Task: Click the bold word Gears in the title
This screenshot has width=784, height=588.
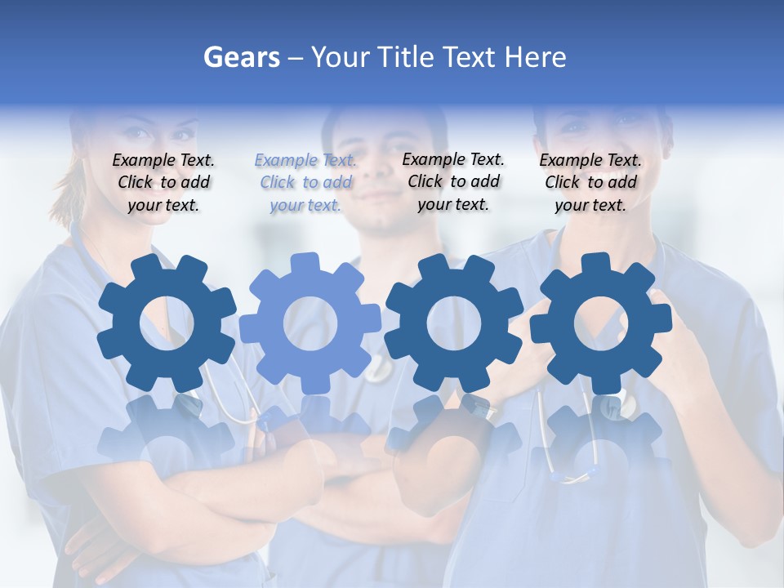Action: [x=240, y=57]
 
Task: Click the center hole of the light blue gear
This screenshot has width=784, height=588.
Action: [x=310, y=323]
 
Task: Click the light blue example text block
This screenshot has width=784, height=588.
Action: [x=305, y=183]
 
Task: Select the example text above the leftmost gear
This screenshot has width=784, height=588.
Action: [x=163, y=183]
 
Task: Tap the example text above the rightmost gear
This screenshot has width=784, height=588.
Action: [x=590, y=183]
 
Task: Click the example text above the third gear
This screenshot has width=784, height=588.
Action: [x=453, y=181]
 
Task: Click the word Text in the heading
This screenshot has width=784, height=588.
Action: [x=469, y=57]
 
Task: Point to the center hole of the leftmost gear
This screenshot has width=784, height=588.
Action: [x=167, y=323]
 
